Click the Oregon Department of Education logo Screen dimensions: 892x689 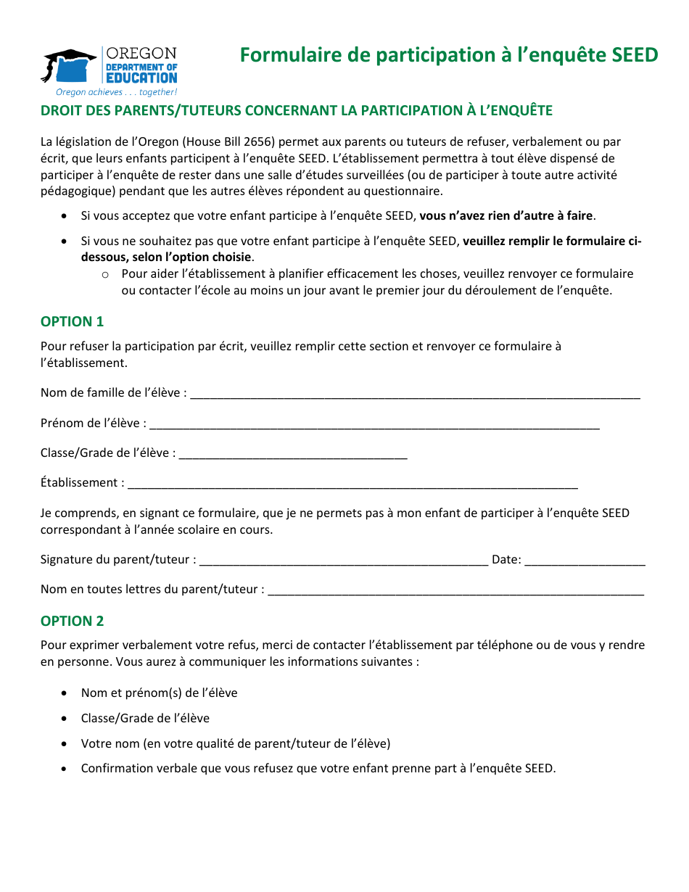click(x=109, y=67)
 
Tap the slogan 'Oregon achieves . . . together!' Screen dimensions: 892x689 click(x=116, y=92)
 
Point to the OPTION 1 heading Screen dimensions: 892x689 click(x=73, y=321)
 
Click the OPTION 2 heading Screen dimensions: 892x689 click(x=73, y=621)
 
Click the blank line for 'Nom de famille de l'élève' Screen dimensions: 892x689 click(x=415, y=394)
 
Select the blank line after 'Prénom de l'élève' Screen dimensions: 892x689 click(x=374, y=424)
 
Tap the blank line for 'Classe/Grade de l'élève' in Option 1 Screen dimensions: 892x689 click(x=293, y=454)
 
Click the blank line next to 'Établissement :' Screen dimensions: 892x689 click(x=352, y=484)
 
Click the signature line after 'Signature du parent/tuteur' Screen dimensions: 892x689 click(x=343, y=561)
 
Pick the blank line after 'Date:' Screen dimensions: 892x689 click(x=585, y=561)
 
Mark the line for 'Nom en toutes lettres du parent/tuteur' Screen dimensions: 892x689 click(x=455, y=590)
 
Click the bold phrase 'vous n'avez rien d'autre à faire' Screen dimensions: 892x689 click(x=506, y=215)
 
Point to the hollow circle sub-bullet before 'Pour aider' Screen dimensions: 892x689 click(x=105, y=274)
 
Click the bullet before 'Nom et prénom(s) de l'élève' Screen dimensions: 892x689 click(x=65, y=693)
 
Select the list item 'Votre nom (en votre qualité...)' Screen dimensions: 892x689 click(x=236, y=743)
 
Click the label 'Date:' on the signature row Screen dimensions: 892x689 click(x=506, y=559)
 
